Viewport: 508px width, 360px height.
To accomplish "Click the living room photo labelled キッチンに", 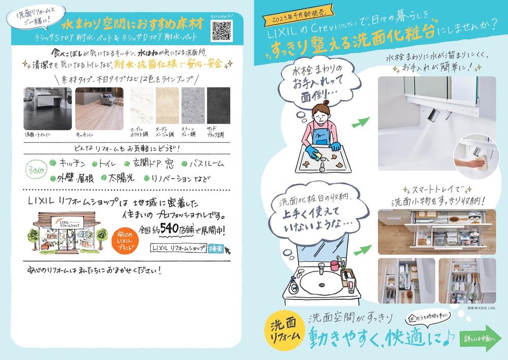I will pos(99,109).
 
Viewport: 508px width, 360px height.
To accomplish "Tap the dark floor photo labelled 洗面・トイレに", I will pos(47,109).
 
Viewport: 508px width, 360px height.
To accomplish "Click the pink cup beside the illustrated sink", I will pos(334,265).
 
